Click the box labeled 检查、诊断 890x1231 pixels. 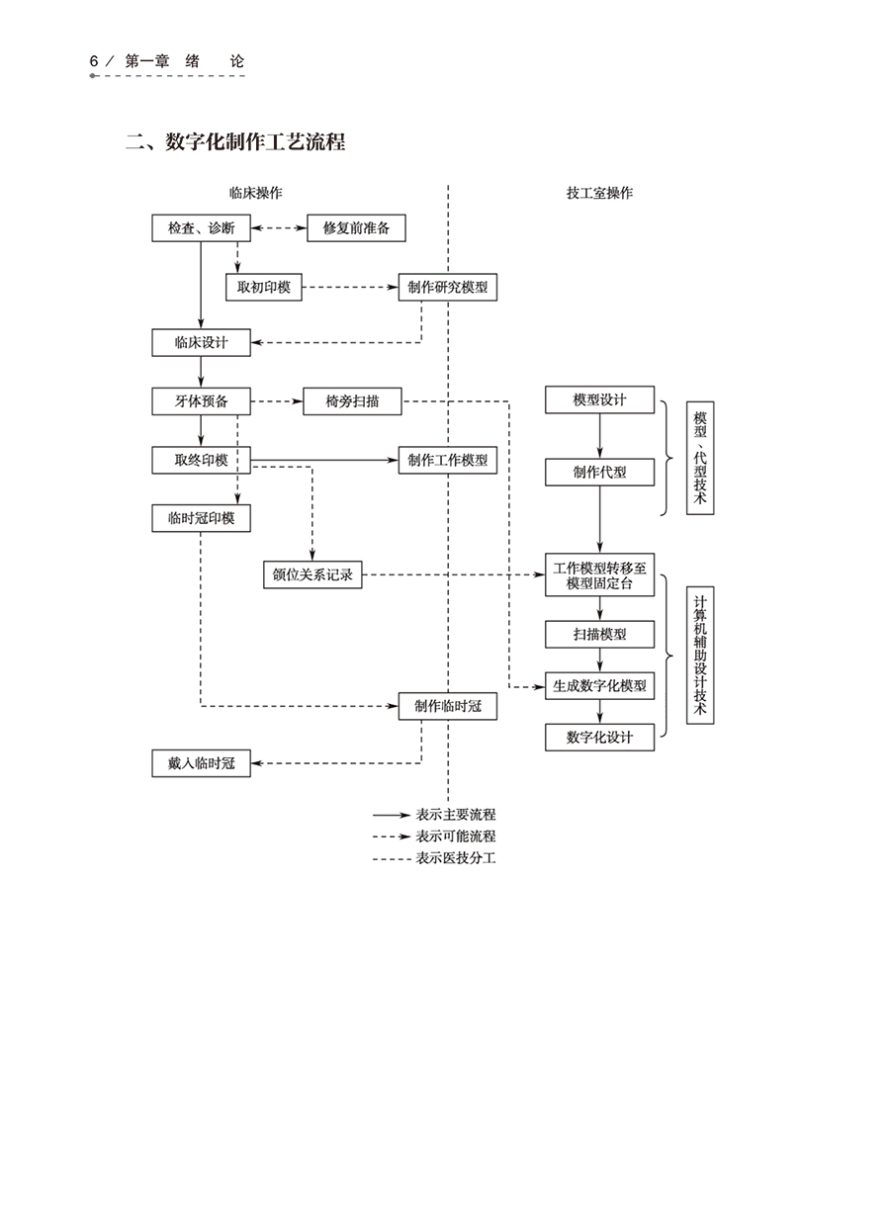[x=201, y=228]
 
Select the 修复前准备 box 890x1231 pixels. [x=356, y=228]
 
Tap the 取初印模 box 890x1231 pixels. [x=264, y=288]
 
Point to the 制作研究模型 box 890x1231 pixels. [x=447, y=288]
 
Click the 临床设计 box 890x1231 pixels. [x=201, y=343]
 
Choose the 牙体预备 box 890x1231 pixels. [x=201, y=401]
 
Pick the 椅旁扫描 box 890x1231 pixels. [x=353, y=401]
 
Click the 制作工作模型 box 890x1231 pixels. [x=447, y=460]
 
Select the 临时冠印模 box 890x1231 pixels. [x=201, y=517]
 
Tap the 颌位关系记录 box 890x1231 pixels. [x=312, y=574]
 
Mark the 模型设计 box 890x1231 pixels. [x=599, y=399]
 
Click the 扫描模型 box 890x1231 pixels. [x=599, y=634]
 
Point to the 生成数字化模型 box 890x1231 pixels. [x=599, y=685]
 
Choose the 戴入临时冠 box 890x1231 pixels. [x=201, y=763]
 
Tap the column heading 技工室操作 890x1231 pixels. [x=599, y=193]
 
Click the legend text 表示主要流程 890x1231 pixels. [x=456, y=815]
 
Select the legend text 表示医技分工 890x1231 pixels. [x=456, y=858]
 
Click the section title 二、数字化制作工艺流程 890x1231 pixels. [x=235, y=142]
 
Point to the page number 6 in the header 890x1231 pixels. [x=94, y=61]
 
